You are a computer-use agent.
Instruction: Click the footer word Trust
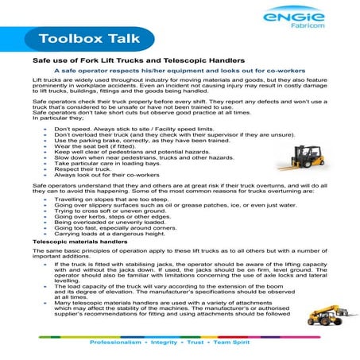212,346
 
